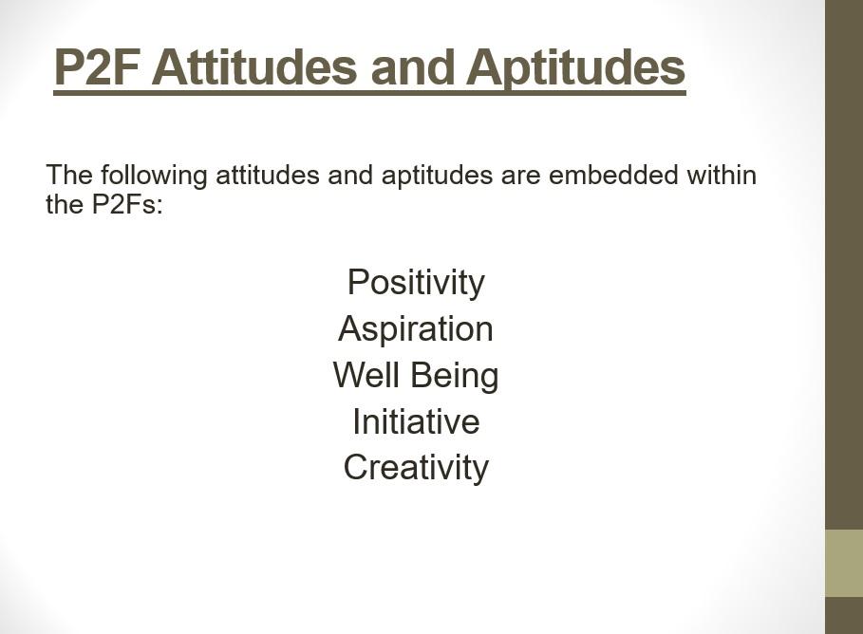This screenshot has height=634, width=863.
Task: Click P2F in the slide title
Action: pyautogui.click(x=99, y=67)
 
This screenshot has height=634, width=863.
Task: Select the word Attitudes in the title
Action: pyautogui.click(x=254, y=67)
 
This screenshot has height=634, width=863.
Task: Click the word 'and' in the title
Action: pyautogui.click(x=413, y=67)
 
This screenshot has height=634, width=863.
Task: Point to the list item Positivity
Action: pyautogui.click(x=416, y=283)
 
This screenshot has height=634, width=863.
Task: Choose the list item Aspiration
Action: pyautogui.click(x=416, y=329)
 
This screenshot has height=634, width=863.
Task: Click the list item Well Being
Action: pyautogui.click(x=416, y=376)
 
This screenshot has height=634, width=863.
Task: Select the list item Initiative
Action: pyautogui.click(x=416, y=421)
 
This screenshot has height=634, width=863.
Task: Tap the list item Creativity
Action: pyautogui.click(x=416, y=468)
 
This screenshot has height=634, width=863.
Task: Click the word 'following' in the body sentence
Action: pyautogui.click(x=154, y=177)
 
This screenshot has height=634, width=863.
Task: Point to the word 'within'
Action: pyautogui.click(x=722, y=175)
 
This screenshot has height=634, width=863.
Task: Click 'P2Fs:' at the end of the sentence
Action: pyautogui.click(x=127, y=204)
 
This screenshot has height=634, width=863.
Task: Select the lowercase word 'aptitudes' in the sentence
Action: pyautogui.click(x=437, y=177)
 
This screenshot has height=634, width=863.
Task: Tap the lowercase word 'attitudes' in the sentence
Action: pyautogui.click(x=268, y=175)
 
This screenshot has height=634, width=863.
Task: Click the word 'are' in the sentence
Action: pyautogui.click(x=520, y=177)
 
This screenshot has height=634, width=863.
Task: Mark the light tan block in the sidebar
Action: pyautogui.click(x=844, y=563)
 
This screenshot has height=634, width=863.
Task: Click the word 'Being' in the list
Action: pyautogui.click(x=455, y=377)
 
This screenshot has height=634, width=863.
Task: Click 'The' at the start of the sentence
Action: pyautogui.click(x=69, y=175)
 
